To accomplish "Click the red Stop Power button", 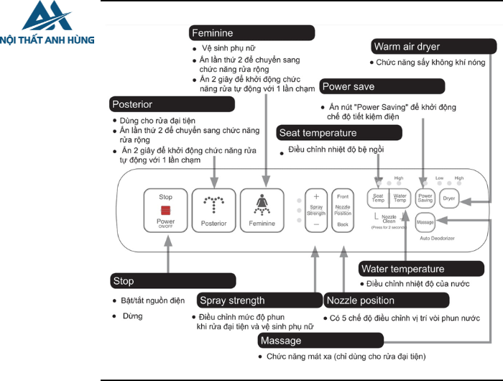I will pos(166,209).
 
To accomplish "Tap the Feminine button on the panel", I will pos(262,209).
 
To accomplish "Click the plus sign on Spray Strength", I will pos(316,196).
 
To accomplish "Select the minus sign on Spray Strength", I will pos(316,225).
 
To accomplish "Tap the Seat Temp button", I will pos(378,197).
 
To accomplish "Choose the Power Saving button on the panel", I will pos(425,197).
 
